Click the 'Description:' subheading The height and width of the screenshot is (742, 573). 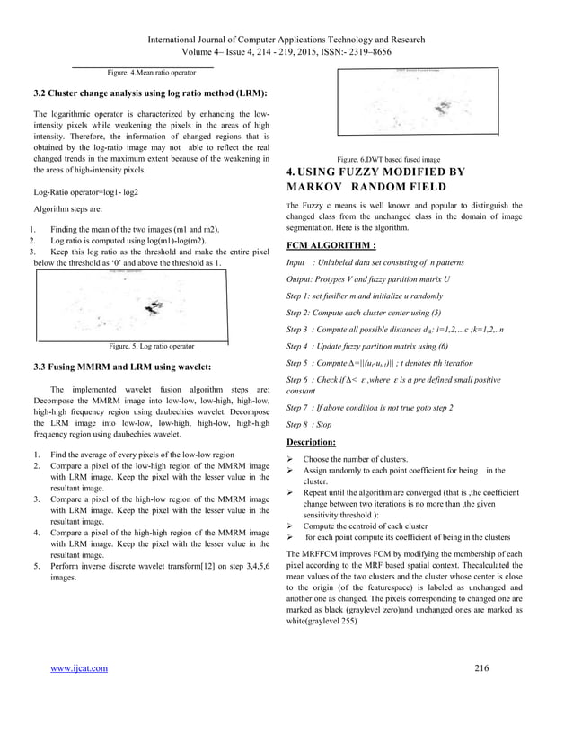pos(310,443)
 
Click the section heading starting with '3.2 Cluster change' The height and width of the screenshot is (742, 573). pos(149,93)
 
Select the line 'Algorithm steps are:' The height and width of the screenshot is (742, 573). pos(68,213)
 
